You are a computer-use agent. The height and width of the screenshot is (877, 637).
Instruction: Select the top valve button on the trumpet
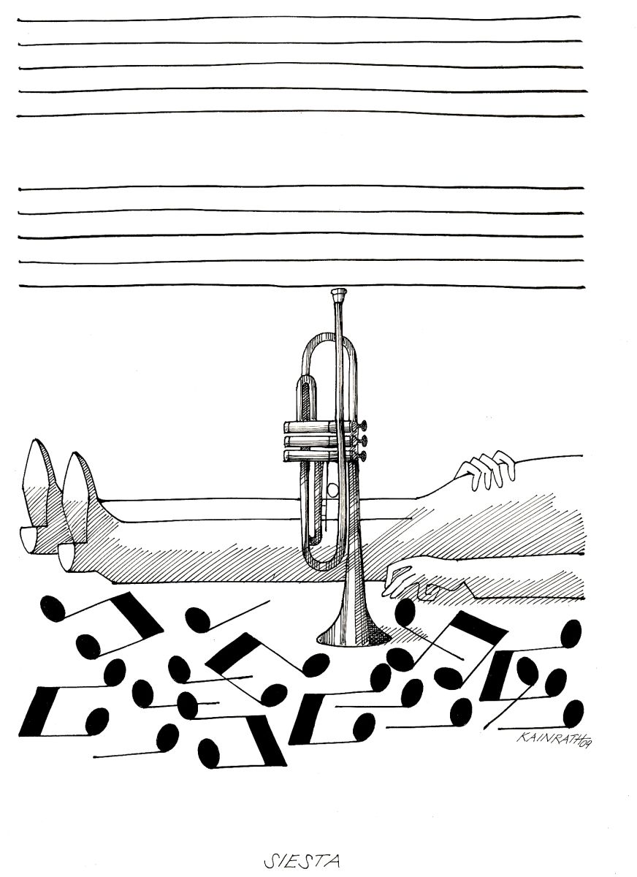click(364, 424)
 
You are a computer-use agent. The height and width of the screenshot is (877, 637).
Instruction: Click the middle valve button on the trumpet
click(364, 440)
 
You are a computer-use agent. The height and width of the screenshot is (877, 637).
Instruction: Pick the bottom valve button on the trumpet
click(364, 455)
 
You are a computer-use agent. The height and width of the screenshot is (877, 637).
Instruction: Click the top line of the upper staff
click(300, 18)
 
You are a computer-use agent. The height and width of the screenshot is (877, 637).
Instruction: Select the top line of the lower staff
click(301, 187)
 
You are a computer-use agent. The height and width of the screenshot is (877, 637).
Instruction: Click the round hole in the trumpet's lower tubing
click(332, 489)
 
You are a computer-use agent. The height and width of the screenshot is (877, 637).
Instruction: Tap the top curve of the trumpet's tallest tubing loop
click(329, 337)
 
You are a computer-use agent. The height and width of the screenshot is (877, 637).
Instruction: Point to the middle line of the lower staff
click(300, 235)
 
